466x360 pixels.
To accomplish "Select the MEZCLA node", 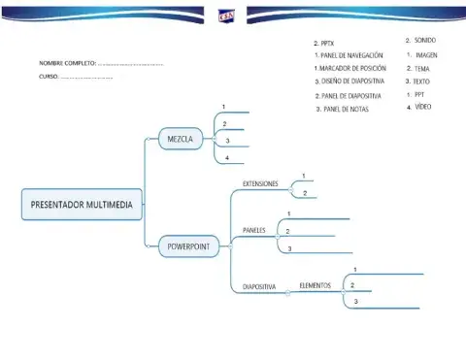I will [x=181, y=140].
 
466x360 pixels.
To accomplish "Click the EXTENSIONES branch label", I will [x=260, y=183].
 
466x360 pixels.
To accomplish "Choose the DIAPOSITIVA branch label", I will [x=259, y=286].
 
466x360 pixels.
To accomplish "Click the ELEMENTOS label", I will [x=315, y=285].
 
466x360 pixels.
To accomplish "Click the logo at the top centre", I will [x=225, y=14].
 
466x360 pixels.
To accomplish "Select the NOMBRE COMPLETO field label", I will [x=67, y=63].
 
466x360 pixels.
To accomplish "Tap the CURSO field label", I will [x=49, y=76].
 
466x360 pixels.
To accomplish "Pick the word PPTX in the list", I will [x=329, y=44].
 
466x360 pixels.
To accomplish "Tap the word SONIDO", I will [x=425, y=41].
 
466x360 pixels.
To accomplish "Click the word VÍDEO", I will [x=423, y=108].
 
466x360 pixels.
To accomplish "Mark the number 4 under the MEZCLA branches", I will [x=226, y=157].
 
